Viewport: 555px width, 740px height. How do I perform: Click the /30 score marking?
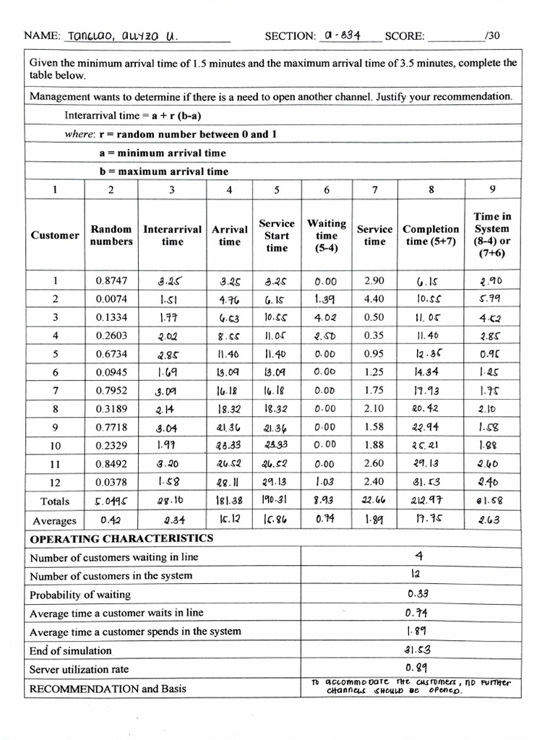(492, 35)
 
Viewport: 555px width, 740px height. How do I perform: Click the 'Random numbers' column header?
(111, 235)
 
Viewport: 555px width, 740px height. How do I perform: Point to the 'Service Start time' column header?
(277, 236)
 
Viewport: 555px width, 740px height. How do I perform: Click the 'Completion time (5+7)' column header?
(431, 235)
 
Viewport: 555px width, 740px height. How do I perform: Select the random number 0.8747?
(111, 280)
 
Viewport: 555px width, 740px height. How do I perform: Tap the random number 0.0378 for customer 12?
(111, 482)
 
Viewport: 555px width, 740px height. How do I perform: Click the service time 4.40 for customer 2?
(374, 298)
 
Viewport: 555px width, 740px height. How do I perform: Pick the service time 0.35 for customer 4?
(374, 335)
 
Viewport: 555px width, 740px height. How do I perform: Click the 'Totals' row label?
(56, 501)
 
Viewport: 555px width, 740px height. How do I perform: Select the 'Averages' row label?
(55, 520)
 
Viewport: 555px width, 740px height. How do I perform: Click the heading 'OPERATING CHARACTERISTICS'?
(121, 538)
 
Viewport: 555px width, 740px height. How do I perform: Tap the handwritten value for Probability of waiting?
(419, 594)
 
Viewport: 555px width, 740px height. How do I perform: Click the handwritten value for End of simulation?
(419, 650)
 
